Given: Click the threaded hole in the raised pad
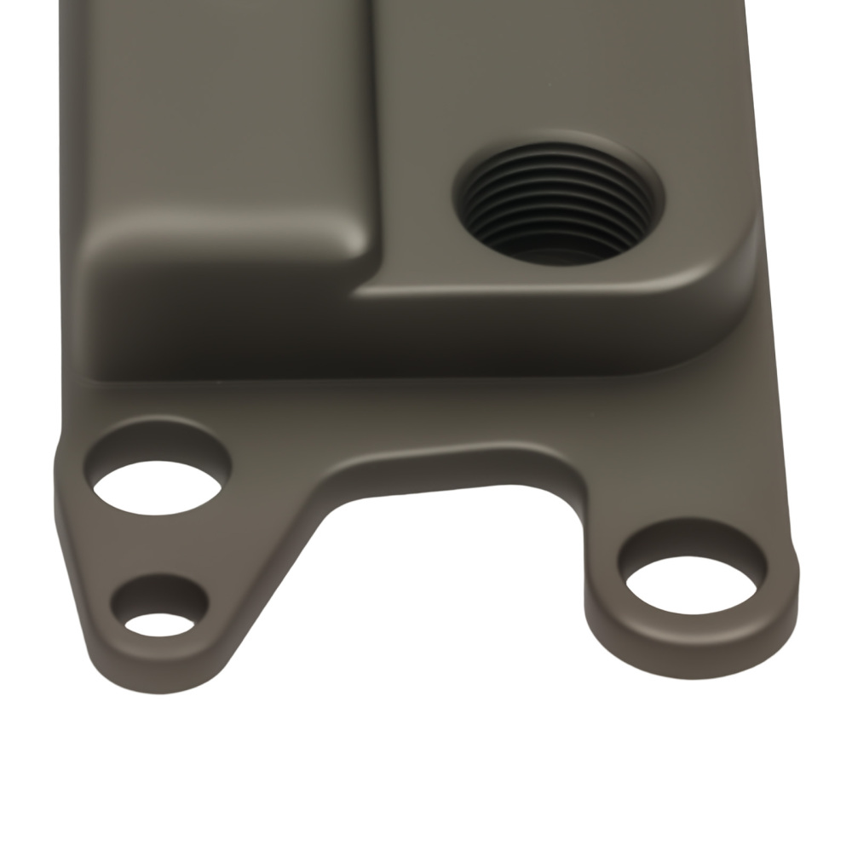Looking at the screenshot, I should [x=558, y=204].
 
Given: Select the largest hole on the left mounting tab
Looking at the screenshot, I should [x=158, y=486].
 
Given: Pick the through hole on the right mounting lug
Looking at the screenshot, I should [x=691, y=584].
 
